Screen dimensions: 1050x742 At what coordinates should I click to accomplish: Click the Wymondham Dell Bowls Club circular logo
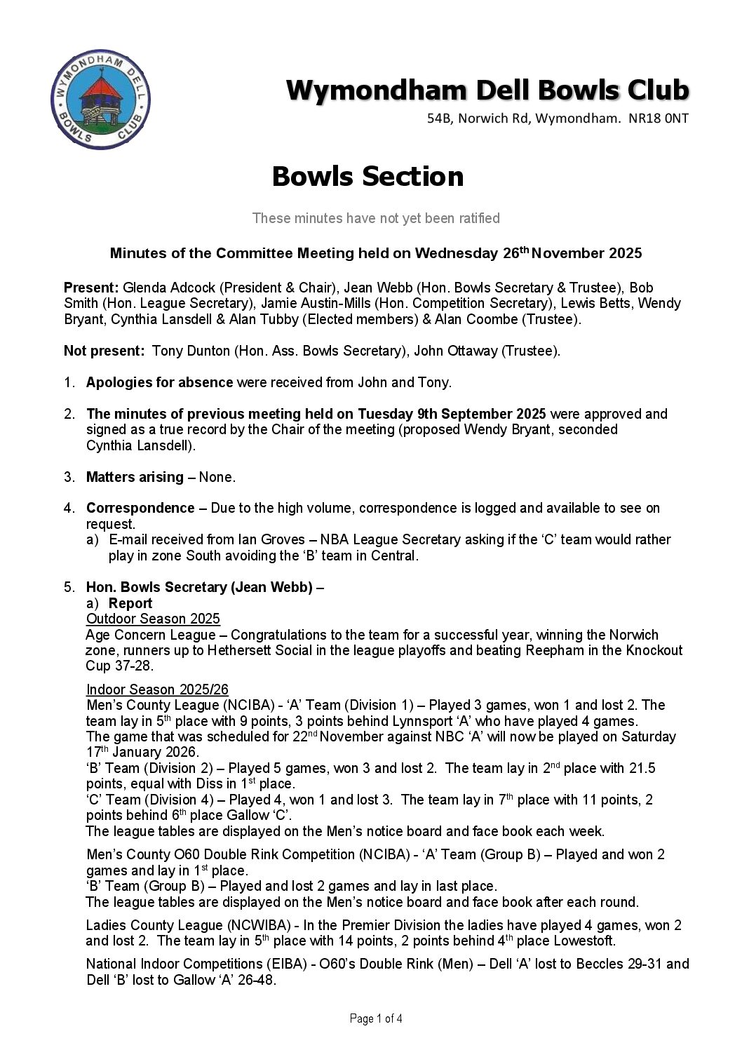click(x=101, y=102)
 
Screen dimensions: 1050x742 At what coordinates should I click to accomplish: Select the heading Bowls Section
click(x=367, y=177)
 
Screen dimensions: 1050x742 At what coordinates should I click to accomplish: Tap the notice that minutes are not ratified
click(x=376, y=218)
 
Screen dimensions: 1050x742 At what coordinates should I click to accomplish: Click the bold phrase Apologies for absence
click(x=159, y=383)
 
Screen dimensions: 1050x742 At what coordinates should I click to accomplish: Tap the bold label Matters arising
click(x=135, y=478)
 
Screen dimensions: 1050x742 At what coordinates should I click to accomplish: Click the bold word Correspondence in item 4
click(x=140, y=509)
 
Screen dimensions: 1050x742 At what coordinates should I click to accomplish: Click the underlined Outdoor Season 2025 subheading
click(x=153, y=619)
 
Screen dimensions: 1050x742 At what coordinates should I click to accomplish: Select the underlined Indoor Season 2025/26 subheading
click(x=157, y=690)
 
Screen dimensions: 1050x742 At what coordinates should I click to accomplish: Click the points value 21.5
click(x=641, y=769)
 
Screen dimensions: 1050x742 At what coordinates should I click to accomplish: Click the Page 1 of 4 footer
click(x=376, y=1019)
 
